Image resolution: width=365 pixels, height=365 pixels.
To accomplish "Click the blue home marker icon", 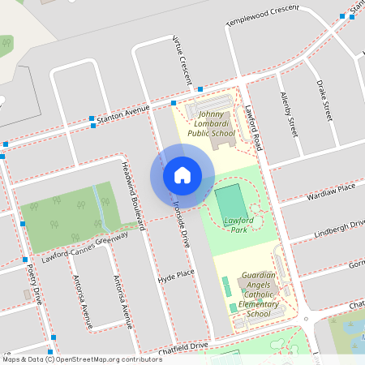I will point(182,174).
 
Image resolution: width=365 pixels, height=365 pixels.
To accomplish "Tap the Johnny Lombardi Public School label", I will point(211,123).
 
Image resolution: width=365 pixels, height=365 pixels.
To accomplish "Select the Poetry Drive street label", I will point(33,283).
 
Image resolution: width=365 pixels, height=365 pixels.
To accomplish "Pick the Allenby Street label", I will point(286,113).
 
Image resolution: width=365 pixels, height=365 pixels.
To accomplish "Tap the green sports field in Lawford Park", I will point(230,201).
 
